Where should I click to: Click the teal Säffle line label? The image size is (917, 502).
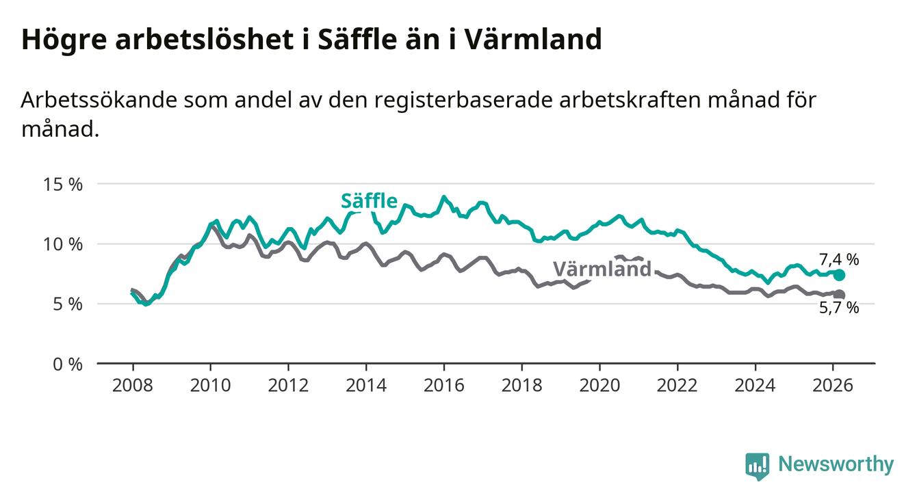click(x=369, y=201)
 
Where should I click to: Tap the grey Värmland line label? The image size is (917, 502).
click(x=602, y=269)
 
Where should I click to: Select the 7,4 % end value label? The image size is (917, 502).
click(x=838, y=259)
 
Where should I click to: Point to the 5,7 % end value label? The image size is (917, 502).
click(x=838, y=308)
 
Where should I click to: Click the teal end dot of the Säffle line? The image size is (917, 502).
click(x=840, y=275)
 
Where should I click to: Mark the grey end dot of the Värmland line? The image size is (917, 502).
click(x=840, y=295)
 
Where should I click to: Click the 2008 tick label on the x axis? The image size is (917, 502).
click(x=132, y=385)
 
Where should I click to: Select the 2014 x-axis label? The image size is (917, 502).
click(x=365, y=385)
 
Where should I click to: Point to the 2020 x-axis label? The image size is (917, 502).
click(x=599, y=385)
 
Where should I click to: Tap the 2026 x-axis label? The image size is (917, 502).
click(x=833, y=385)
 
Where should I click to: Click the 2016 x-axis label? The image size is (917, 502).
click(x=443, y=385)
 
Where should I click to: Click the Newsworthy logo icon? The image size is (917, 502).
click(x=757, y=466)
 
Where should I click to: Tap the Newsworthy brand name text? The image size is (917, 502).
click(x=836, y=465)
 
